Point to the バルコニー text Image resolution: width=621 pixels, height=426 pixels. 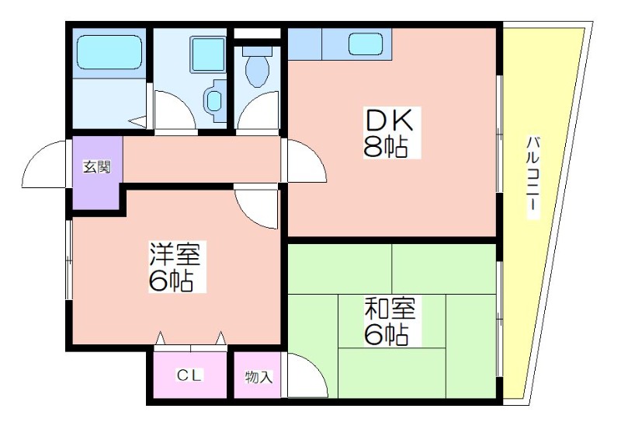(x=533, y=177)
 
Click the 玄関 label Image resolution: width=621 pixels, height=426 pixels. (x=96, y=167)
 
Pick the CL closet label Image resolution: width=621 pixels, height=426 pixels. (x=189, y=375)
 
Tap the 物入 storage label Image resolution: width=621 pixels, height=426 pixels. (x=258, y=376)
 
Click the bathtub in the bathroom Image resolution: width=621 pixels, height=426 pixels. (x=109, y=52)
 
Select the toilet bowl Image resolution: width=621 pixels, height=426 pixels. (x=258, y=71)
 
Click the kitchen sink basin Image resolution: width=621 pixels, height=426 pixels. (x=366, y=44)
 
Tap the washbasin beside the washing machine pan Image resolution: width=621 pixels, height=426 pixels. (x=214, y=101)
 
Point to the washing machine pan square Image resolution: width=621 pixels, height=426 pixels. (x=208, y=54)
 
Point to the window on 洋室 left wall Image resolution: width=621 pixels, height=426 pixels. (x=69, y=260)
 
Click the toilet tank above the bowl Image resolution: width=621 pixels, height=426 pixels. (x=258, y=51)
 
